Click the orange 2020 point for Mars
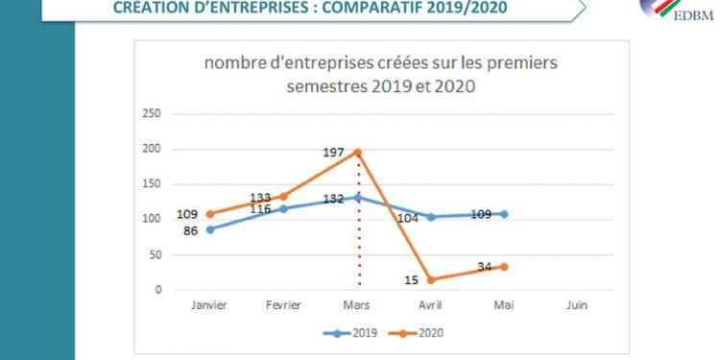point(358,152)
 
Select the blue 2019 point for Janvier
point(210,229)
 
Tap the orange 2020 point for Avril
point(431,279)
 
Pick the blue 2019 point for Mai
point(504,214)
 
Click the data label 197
point(334,153)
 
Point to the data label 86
point(191,231)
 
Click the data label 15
point(412,279)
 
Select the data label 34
point(485,266)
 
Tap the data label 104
point(408,219)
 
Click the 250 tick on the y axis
point(152,113)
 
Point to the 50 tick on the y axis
point(155,254)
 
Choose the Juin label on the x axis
point(577,305)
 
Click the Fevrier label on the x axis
point(283,305)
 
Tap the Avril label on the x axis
point(430,305)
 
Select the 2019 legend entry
point(350,333)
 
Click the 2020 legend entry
point(416,333)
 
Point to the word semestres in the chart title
point(324,86)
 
